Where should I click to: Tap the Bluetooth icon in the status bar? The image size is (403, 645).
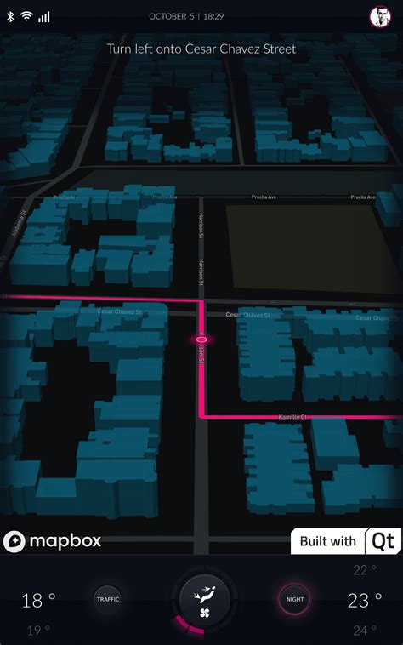(x=11, y=17)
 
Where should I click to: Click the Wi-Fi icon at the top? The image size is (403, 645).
(x=26, y=17)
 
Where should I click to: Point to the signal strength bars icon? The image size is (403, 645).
(x=43, y=17)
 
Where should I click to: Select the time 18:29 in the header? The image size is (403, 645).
(x=213, y=16)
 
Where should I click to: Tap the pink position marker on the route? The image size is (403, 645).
(x=202, y=340)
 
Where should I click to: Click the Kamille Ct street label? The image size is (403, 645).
(x=292, y=417)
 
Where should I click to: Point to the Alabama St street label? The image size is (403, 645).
(x=16, y=225)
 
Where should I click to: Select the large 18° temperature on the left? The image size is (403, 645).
(x=38, y=601)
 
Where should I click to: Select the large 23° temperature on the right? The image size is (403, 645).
(x=364, y=601)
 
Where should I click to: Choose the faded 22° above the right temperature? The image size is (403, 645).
(x=365, y=570)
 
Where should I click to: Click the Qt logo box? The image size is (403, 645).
(x=383, y=541)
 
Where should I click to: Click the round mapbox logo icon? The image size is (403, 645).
(x=14, y=541)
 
